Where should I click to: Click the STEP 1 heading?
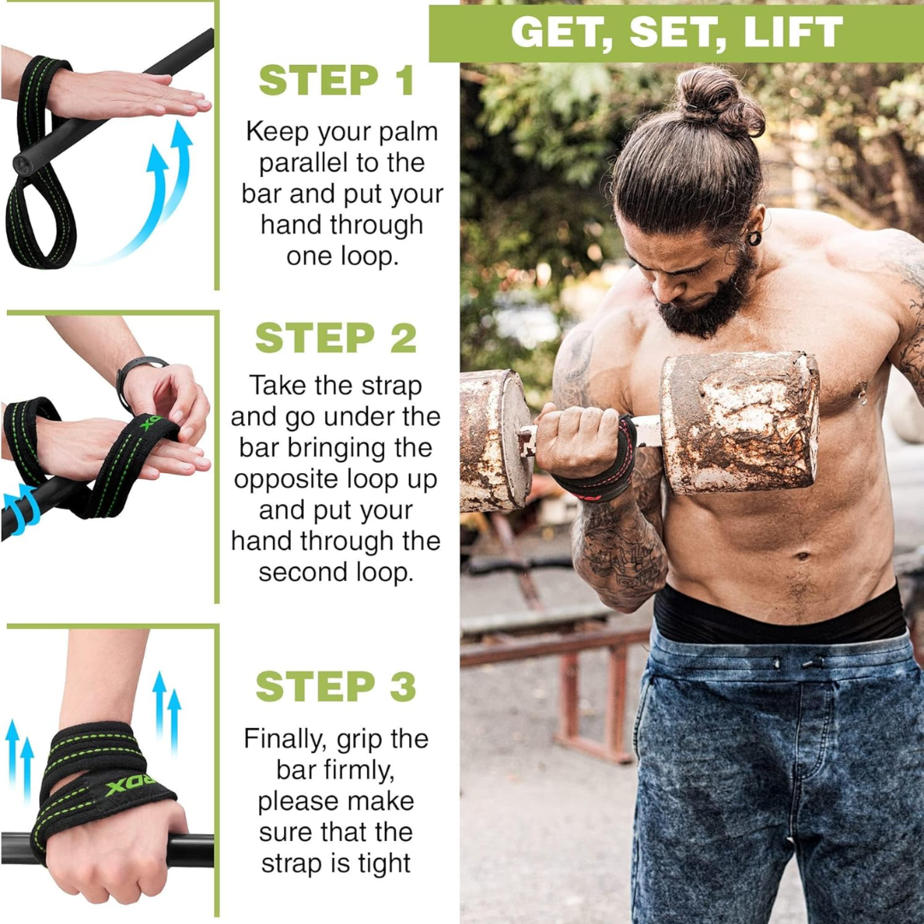tap(336, 80)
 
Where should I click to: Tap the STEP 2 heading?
tap(336, 339)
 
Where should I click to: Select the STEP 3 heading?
tap(336, 687)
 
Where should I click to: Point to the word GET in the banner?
tap(561, 33)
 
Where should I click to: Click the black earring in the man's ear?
tap(754, 237)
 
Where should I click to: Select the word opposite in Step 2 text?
tap(287, 480)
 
